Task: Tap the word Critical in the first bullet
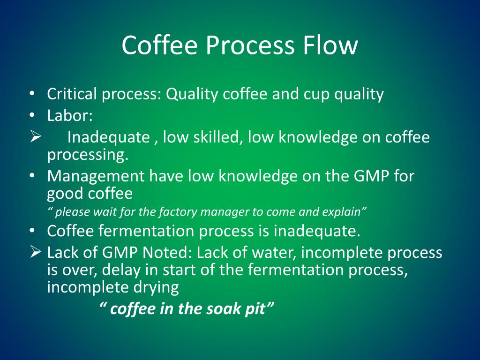coord(72,94)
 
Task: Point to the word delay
coord(121,270)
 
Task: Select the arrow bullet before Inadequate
coord(36,137)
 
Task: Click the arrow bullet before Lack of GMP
coord(36,253)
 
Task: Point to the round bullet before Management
coord(31,176)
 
